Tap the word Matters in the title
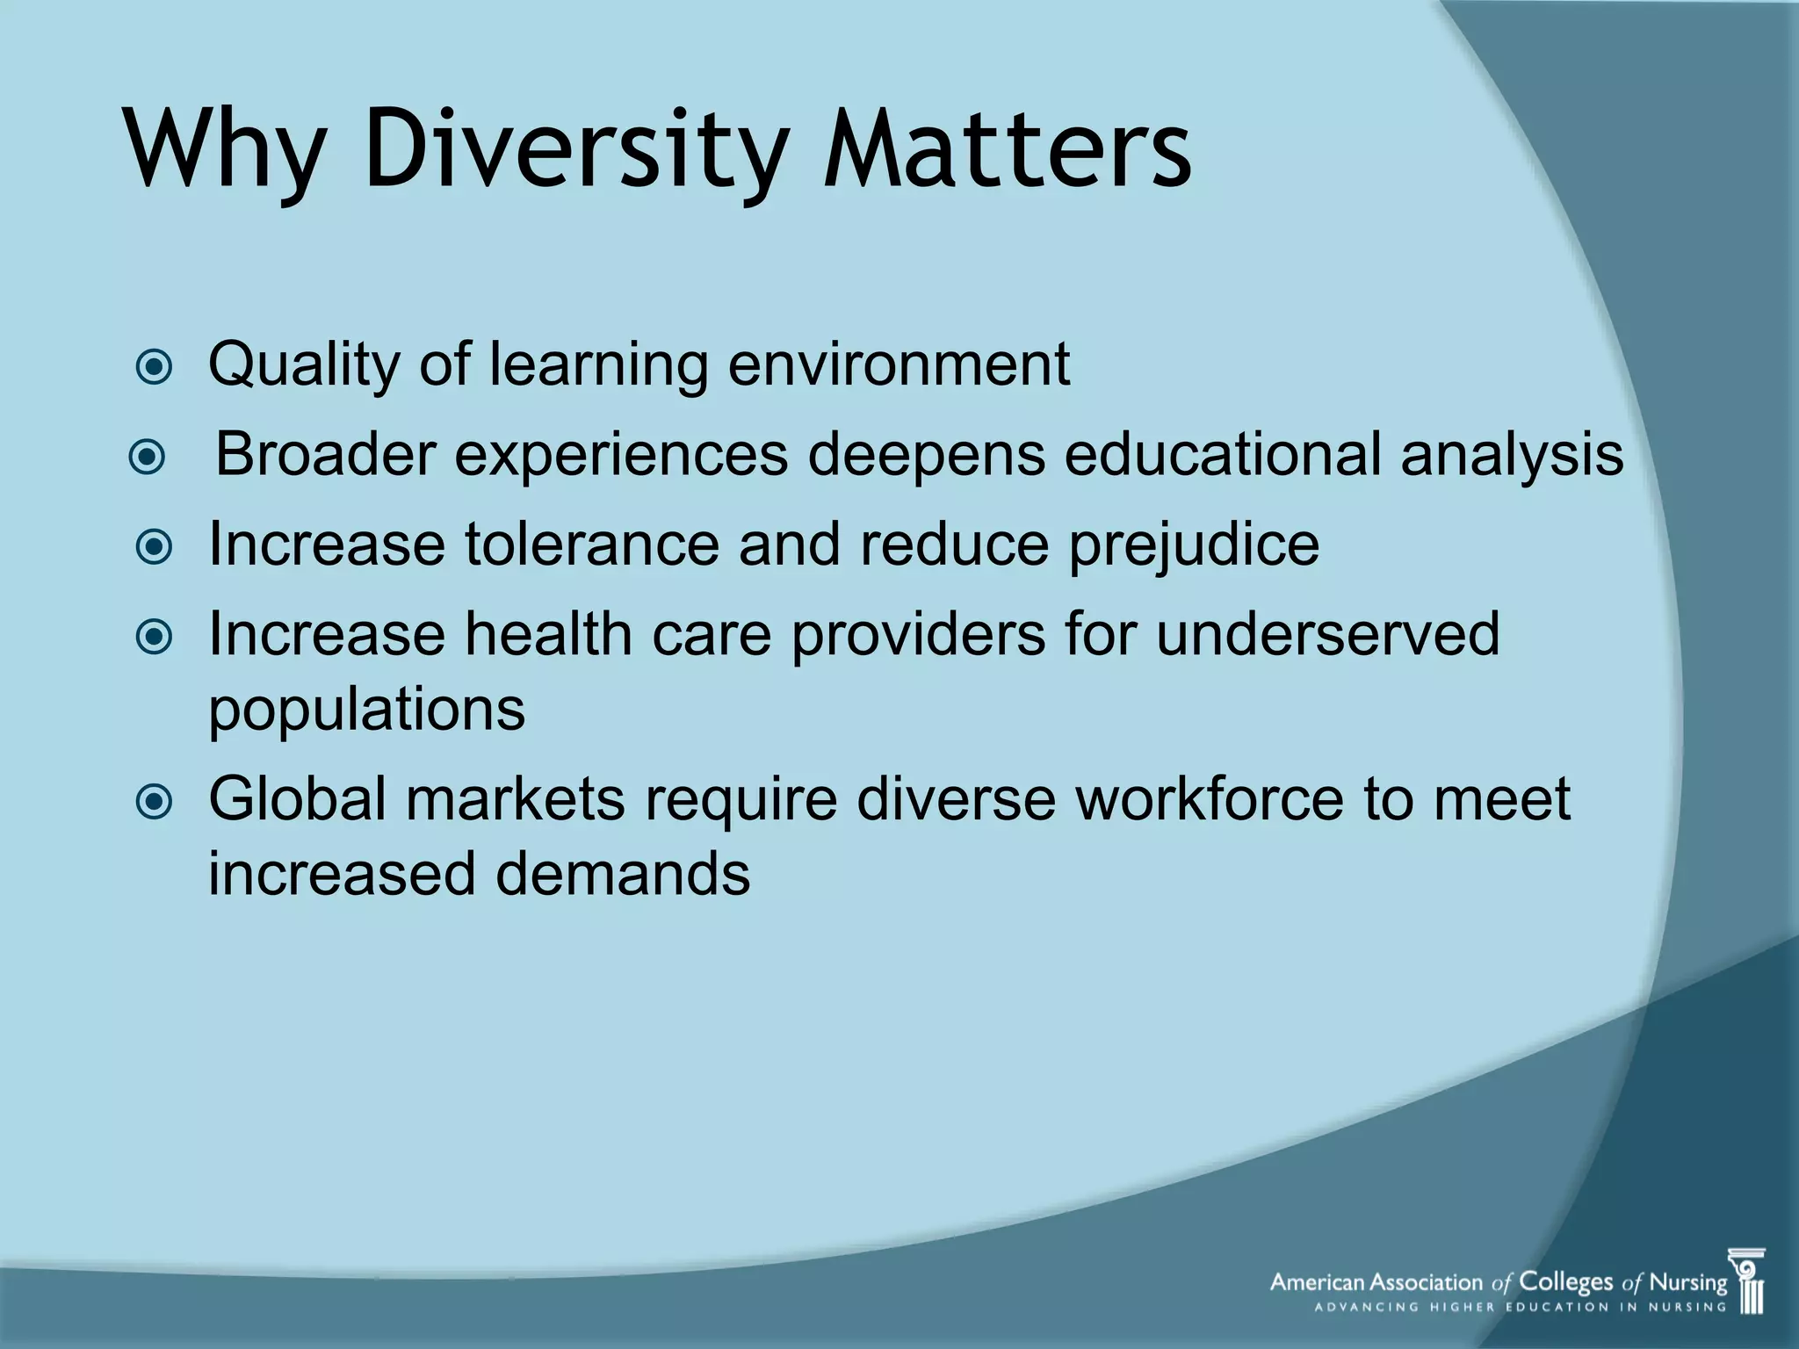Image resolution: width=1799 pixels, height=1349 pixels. pyautogui.click(x=1007, y=149)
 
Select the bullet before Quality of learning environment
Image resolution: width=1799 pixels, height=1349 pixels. pyautogui.click(x=155, y=367)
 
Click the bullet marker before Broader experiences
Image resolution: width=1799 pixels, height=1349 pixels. pyautogui.click(x=147, y=458)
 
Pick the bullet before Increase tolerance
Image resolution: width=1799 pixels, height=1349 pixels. pyautogui.click(x=155, y=548)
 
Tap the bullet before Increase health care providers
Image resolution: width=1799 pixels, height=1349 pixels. pyautogui.click(x=155, y=638)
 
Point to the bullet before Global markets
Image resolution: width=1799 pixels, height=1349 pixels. pyautogui.click(x=155, y=801)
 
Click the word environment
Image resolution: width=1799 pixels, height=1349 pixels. pyautogui.click(x=899, y=364)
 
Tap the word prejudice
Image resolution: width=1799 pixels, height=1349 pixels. pyautogui.click(x=1193, y=545)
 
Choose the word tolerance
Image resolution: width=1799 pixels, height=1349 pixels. pyautogui.click(x=591, y=545)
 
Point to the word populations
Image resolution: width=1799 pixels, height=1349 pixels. pyautogui.click(x=366, y=711)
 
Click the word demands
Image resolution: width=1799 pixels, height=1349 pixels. pyautogui.click(x=623, y=875)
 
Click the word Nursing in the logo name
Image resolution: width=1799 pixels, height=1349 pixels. pyautogui.click(x=1687, y=1282)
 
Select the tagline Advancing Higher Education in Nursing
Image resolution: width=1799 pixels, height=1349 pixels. pyautogui.click(x=1520, y=1307)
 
